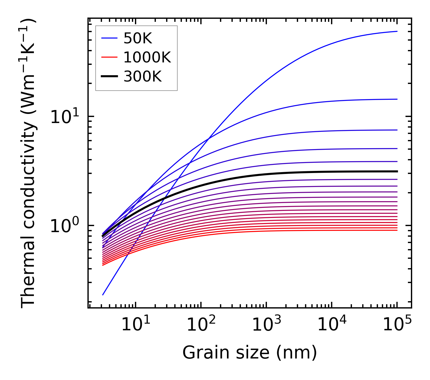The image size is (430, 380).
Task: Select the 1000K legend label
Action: coord(147,57)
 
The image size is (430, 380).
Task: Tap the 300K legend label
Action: coord(143,77)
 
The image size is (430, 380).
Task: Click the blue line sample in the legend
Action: coord(109,38)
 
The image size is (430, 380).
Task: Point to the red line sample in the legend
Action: coord(109,57)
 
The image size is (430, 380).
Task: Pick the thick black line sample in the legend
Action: coord(109,77)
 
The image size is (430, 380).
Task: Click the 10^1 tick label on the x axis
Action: coord(135,325)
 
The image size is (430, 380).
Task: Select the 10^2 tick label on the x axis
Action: coord(201,325)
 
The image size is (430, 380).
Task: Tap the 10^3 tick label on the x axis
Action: coord(266,325)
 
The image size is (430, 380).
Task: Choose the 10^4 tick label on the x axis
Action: coord(331,325)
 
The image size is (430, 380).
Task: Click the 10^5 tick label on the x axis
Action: coord(397,325)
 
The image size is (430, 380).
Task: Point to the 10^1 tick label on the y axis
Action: coord(64,117)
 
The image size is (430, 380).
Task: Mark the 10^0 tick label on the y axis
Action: coord(64,226)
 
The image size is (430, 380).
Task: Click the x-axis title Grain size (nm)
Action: coord(250,353)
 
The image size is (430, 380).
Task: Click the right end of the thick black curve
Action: coord(397,172)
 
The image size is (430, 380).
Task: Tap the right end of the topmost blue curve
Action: coord(397,31)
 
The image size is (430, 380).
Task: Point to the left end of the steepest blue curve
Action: coord(103,295)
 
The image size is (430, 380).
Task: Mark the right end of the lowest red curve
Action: coord(397,230)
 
